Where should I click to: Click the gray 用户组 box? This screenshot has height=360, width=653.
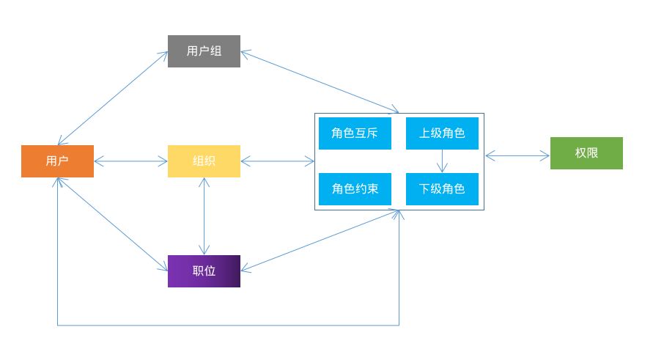tap(204, 51)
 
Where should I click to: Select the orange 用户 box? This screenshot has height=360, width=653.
tap(57, 161)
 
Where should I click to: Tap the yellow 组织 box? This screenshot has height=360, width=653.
tap(204, 161)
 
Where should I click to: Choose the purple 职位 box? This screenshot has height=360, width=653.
tap(204, 271)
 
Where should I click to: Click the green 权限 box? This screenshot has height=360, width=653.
tap(586, 153)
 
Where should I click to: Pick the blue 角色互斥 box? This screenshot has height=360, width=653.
tap(355, 133)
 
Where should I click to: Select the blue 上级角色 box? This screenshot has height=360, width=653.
tap(442, 133)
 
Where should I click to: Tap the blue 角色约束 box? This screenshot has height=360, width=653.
tap(355, 189)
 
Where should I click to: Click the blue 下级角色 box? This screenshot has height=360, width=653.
tap(442, 189)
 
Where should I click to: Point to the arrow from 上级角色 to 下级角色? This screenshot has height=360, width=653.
tap(442, 161)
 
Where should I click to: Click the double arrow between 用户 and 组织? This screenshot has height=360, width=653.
tap(130, 161)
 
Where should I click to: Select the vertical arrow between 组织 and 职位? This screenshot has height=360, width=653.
tap(204, 216)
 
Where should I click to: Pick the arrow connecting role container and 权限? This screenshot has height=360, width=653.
tap(517, 155)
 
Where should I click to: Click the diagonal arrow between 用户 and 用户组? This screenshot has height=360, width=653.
tap(113, 98)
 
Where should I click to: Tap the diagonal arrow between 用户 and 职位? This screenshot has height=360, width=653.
tap(113, 224)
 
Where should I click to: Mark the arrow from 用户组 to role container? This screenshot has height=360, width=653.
tap(320, 82)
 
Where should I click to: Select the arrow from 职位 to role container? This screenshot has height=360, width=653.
tap(320, 241)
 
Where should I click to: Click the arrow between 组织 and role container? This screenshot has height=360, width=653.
tap(277, 161)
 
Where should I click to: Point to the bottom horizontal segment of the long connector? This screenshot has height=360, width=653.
tap(227, 326)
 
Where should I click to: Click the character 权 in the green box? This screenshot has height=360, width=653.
tap(580, 153)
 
